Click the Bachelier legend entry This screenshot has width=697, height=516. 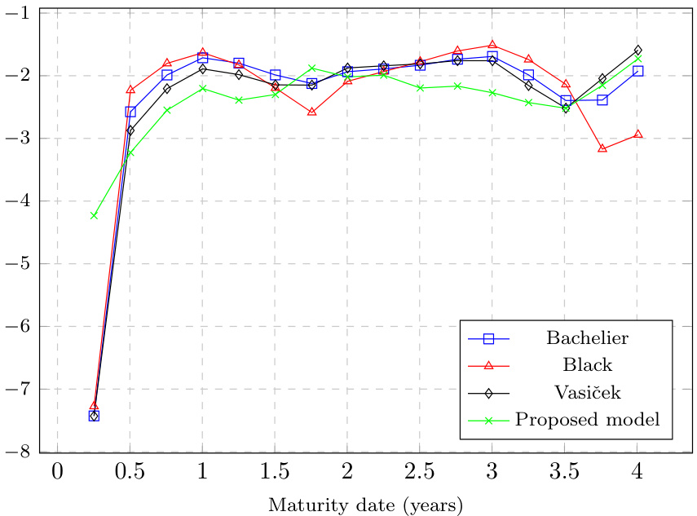pyautogui.click(x=587, y=337)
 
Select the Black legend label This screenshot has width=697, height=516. pyautogui.click(x=587, y=364)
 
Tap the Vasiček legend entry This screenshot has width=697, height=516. pyautogui.click(x=587, y=392)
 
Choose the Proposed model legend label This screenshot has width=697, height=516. pyautogui.click(x=587, y=420)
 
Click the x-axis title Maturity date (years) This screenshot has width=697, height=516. pyautogui.click(x=366, y=505)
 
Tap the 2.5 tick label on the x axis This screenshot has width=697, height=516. pyautogui.click(x=419, y=471)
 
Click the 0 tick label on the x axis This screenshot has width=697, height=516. pyautogui.click(x=57, y=471)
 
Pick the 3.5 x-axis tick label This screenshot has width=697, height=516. pyautogui.click(x=564, y=471)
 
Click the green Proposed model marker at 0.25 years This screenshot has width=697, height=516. pyautogui.click(x=94, y=216)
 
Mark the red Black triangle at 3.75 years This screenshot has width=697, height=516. pyautogui.click(x=602, y=148)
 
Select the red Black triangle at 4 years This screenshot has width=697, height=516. pyautogui.click(x=638, y=134)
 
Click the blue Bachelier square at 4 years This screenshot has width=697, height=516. pyautogui.click(x=638, y=71)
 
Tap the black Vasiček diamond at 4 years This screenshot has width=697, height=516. pyautogui.click(x=638, y=50)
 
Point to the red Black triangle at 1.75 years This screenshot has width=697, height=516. pyautogui.click(x=311, y=111)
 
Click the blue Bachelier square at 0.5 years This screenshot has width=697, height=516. pyautogui.click(x=130, y=112)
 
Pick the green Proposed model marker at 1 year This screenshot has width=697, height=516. pyautogui.click(x=202, y=88)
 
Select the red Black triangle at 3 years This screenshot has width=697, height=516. pyautogui.click(x=492, y=44)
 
